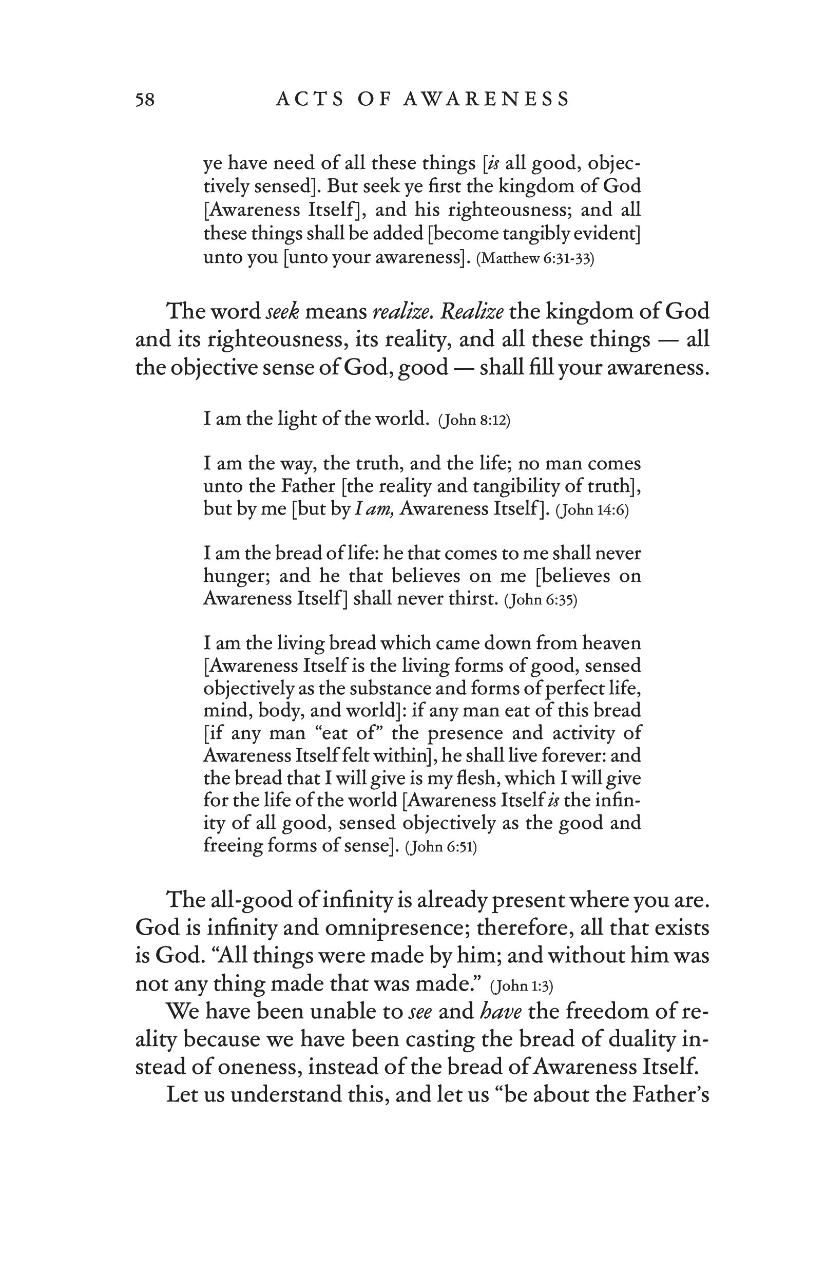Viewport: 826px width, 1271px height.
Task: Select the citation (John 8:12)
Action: pyautogui.click(x=474, y=421)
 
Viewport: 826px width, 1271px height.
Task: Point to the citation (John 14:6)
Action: pyautogui.click(x=591, y=510)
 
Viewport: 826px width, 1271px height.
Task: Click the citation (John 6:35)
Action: pyautogui.click(x=541, y=600)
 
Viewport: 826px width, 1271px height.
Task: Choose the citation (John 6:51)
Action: pyautogui.click(x=440, y=847)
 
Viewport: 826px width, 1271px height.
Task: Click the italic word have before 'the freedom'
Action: pyautogui.click(x=501, y=1011)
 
